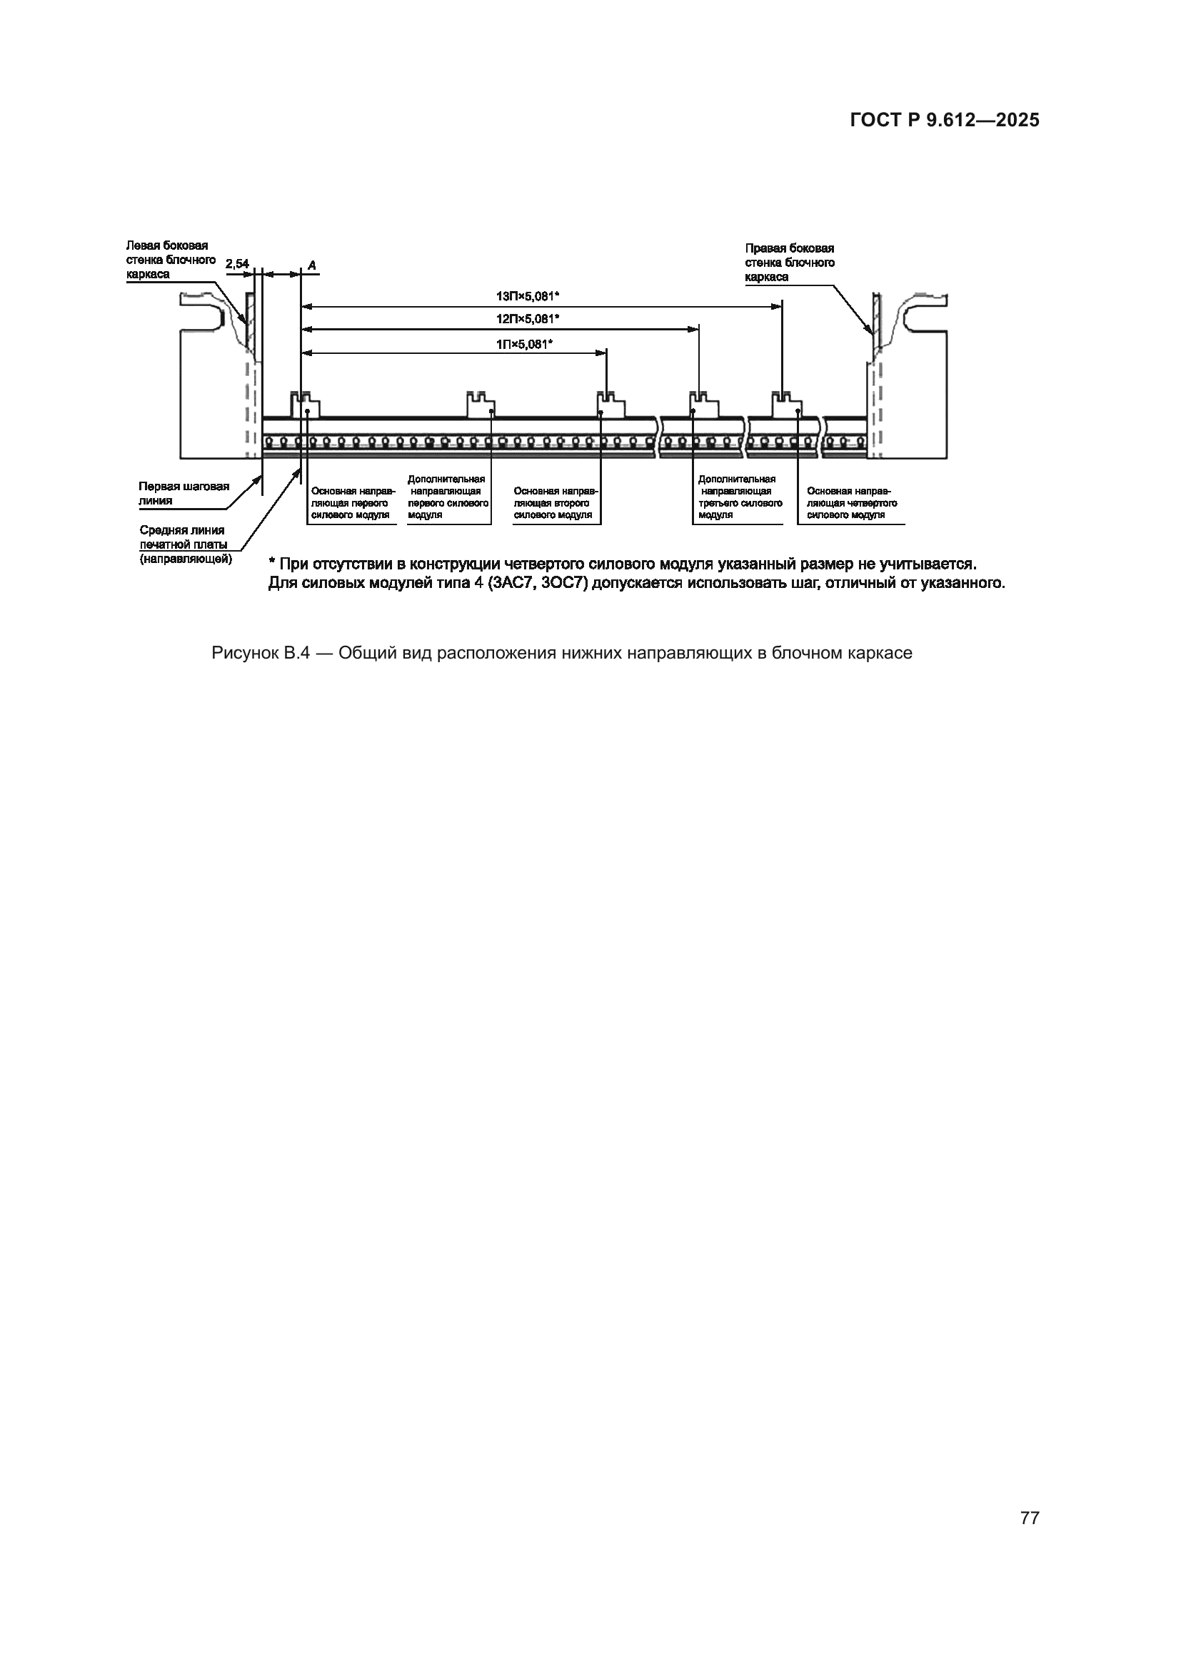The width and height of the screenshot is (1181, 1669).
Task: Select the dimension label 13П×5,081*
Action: coord(527,297)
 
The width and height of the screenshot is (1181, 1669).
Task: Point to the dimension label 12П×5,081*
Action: coord(527,319)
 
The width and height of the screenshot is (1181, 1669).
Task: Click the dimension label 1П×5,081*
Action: coord(524,344)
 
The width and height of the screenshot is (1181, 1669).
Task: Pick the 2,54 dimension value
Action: coord(237,264)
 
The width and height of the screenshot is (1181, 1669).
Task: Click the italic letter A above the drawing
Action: coord(311,265)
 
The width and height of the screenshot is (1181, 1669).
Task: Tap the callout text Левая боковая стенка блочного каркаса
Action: coord(170,260)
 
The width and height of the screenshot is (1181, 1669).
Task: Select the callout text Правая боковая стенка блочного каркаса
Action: coord(789,263)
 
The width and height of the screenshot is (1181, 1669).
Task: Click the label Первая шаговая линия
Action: coord(184,494)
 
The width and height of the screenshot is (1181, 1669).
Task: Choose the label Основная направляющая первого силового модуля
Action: coord(353,503)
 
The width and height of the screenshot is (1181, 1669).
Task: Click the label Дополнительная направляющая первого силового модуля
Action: coord(446,497)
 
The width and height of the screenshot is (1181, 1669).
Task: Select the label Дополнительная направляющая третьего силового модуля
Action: coord(739,497)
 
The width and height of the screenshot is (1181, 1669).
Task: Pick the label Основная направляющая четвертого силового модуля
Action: coord(851,503)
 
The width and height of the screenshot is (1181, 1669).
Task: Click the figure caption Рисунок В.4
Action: coord(561,653)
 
